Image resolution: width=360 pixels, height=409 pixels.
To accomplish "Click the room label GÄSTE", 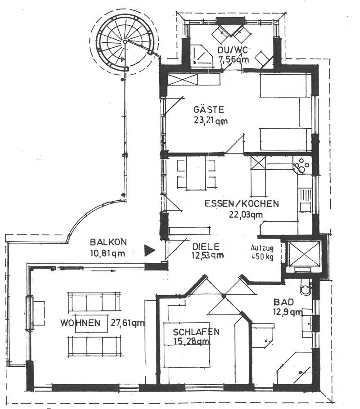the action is tap(208, 109).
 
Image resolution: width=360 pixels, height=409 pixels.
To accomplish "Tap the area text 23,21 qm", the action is tap(211, 121).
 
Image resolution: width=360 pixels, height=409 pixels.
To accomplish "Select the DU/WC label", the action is tap(233, 49).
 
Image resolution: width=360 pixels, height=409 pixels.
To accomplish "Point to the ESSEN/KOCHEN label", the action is tap(242, 203).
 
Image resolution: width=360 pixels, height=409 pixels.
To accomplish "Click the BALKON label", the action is tap(108, 242).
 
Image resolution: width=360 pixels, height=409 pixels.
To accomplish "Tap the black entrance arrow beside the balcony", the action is tap(150, 251).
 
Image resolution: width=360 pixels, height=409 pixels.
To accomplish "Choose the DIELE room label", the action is tap(206, 247).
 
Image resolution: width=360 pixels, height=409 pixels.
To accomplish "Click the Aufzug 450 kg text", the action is tap(262, 252).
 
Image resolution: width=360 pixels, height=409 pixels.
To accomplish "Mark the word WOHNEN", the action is tap(80, 323).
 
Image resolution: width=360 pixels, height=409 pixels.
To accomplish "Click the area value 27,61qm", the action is tap(127, 323).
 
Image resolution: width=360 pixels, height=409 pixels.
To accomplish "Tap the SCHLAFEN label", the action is tap(196, 332).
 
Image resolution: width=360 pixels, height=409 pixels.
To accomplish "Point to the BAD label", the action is tap(283, 302).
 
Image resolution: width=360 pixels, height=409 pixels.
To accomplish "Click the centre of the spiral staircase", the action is tap(125, 42).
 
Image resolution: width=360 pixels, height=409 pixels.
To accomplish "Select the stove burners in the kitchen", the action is tap(302, 166).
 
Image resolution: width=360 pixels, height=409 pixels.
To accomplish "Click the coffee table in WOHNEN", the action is tap(91, 324).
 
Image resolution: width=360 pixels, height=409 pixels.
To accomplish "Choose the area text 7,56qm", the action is tap(234, 59).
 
